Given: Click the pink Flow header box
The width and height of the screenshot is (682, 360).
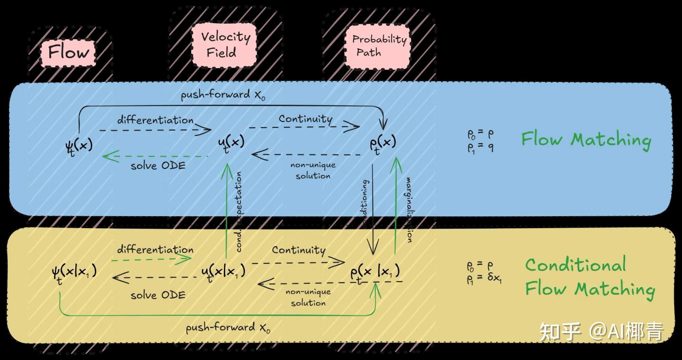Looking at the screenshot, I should point(69,53).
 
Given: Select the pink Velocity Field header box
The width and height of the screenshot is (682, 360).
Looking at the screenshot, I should point(224,45).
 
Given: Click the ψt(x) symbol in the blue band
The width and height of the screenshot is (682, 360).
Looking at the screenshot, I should point(79,146).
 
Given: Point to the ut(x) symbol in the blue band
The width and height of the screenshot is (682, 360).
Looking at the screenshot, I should point(231,143).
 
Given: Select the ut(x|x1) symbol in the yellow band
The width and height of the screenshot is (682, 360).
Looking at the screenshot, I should point(223,273).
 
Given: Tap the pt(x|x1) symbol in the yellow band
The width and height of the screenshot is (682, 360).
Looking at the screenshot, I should point(375,273).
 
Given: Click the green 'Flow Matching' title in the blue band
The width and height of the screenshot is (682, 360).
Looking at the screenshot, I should point(586,140).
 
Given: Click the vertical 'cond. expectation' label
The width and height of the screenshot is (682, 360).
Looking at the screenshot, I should point(239,212).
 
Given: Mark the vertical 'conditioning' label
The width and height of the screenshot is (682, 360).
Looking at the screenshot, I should point(365,202).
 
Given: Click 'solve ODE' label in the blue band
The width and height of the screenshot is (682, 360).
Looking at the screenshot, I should point(158,166).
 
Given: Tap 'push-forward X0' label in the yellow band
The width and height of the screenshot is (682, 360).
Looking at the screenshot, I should point(228,328).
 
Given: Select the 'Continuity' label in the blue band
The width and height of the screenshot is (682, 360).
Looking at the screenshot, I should point(305,119).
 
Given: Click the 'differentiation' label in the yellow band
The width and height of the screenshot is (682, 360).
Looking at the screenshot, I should point(155,250).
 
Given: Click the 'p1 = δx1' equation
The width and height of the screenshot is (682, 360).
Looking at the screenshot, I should point(484,278).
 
